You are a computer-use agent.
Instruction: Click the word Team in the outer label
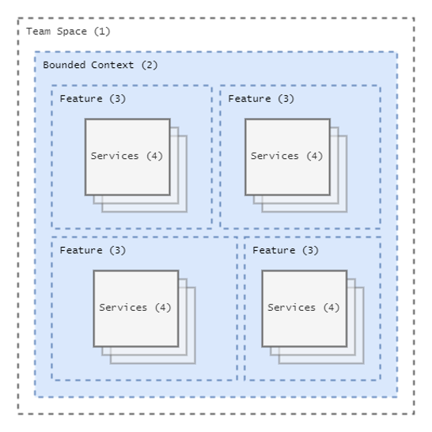[39, 32]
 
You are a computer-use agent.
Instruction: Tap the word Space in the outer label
[72, 32]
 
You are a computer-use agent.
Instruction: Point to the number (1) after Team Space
[102, 32]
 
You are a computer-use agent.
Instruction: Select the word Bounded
[64, 65]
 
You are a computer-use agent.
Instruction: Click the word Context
[112, 65]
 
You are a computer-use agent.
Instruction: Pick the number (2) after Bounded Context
[150, 66]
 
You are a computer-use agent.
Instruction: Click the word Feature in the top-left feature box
[81, 99]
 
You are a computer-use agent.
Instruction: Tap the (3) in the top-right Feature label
[286, 99]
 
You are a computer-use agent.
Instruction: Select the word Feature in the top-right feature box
[249, 99]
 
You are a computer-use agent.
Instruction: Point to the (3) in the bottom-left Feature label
[118, 251]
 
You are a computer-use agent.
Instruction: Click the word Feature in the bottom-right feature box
[274, 250]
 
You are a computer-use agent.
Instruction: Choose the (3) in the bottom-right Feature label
[310, 251]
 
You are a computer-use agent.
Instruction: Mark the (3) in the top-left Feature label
[118, 99]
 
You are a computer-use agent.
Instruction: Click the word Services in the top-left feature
[115, 156]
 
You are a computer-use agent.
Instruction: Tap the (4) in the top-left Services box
[154, 156]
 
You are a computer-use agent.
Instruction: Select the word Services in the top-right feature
[275, 156]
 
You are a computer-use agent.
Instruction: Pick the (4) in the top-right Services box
[315, 156]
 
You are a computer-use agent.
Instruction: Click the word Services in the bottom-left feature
[123, 308]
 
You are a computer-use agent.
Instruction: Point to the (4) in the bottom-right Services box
[332, 308]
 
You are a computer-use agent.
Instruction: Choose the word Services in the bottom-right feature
[291, 308]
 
